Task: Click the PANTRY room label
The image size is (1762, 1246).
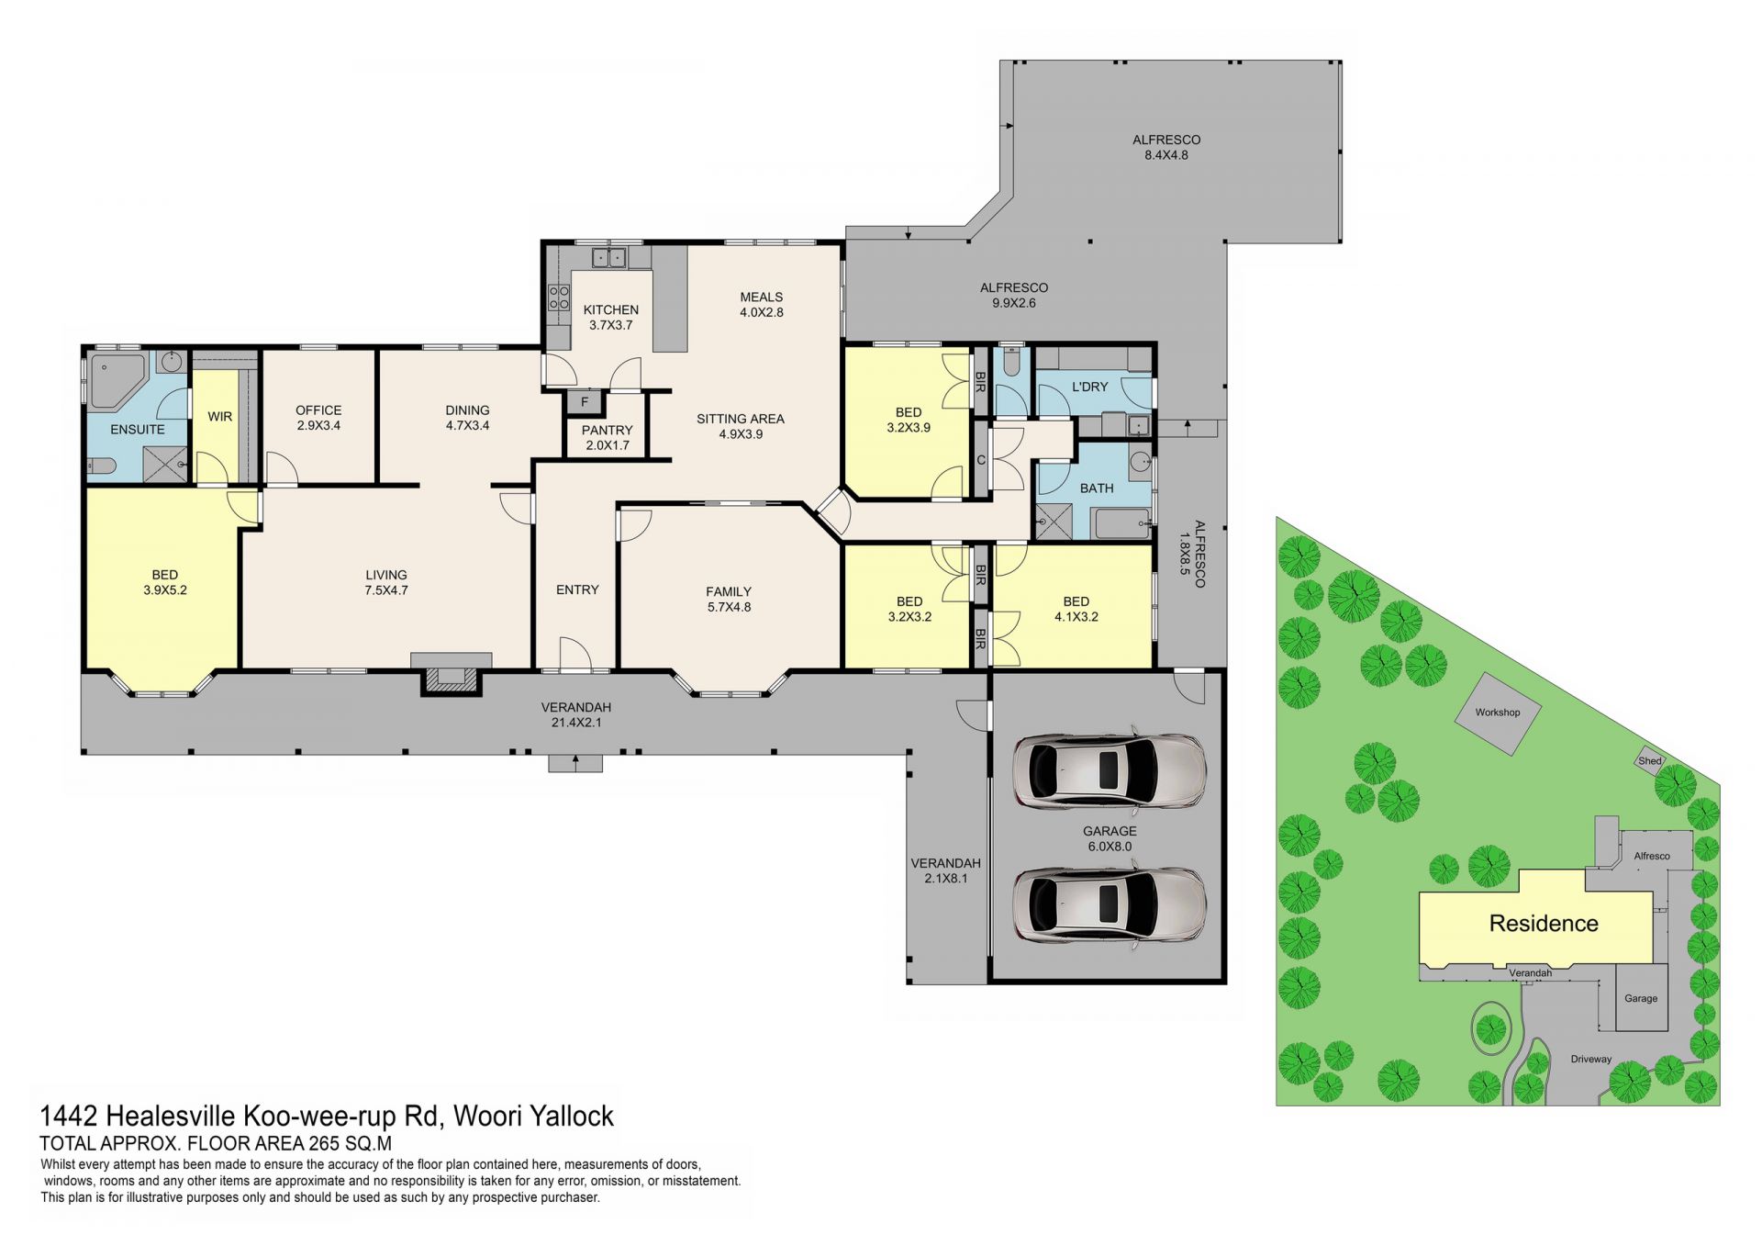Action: point(607,430)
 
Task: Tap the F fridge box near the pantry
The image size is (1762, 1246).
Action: point(584,402)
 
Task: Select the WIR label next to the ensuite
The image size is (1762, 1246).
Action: point(219,417)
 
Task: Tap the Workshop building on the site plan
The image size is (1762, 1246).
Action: point(1498,713)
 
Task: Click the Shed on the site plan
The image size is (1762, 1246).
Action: point(1651,760)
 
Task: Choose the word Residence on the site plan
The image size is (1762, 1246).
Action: point(1544,923)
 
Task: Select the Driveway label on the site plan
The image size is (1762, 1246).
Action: point(1591,1059)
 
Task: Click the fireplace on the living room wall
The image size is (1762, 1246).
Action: point(451,676)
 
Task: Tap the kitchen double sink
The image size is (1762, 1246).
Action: point(608,257)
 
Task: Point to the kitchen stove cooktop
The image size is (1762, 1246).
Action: point(559,297)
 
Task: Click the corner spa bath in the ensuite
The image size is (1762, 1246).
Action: point(117,380)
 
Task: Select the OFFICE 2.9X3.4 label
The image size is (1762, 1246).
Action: point(318,418)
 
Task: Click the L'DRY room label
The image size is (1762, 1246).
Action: point(1090,387)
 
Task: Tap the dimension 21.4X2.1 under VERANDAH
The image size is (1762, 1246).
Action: point(576,723)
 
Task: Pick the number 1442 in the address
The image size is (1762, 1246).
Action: point(69,1116)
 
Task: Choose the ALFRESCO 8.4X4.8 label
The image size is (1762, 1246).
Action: point(1166,147)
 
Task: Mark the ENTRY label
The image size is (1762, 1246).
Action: point(577,589)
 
